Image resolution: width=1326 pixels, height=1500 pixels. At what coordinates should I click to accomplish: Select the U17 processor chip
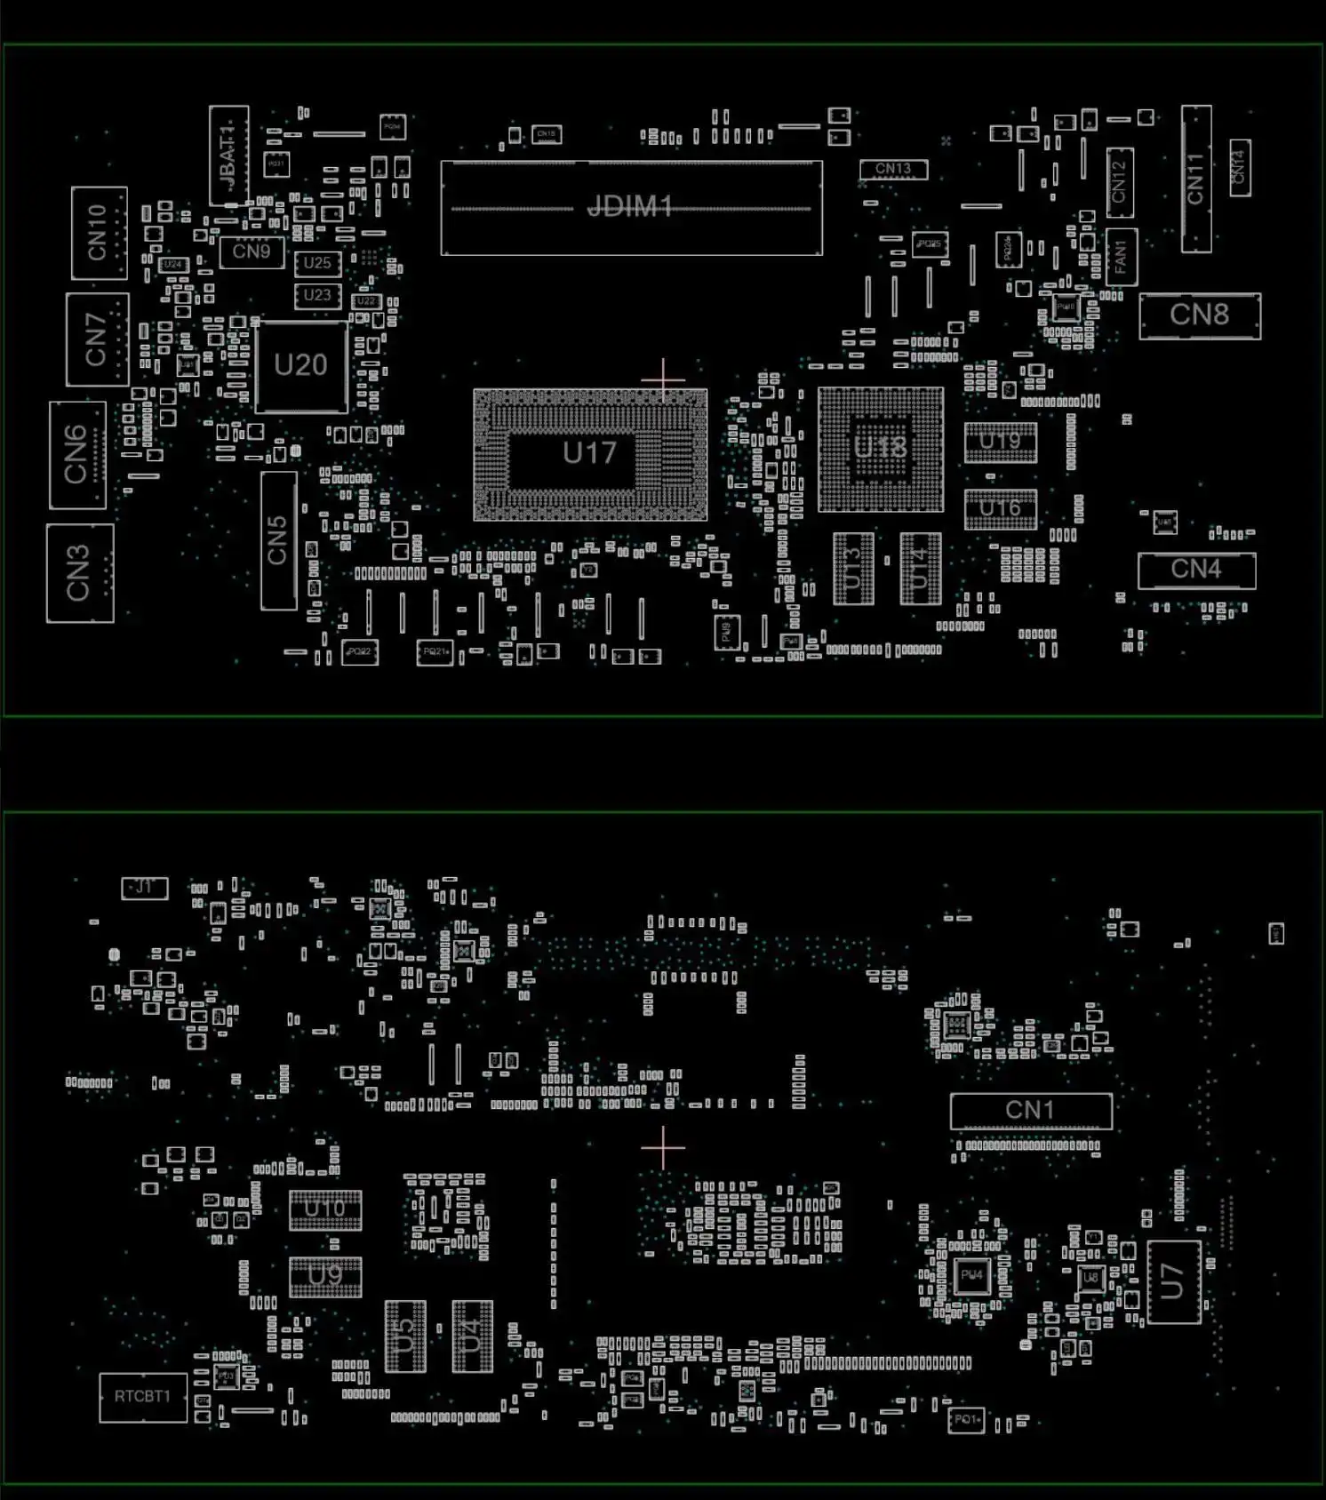590,453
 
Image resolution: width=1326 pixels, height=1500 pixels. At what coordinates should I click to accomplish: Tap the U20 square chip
301,365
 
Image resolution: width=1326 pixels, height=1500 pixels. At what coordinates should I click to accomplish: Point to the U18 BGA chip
881,448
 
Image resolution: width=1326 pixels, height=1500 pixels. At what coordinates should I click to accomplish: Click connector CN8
1199,315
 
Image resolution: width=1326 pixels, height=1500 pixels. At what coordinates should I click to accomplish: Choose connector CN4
1196,569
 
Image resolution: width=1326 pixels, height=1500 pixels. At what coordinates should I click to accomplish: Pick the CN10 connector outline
99,233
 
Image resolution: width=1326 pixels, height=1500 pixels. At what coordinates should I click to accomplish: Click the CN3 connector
80,573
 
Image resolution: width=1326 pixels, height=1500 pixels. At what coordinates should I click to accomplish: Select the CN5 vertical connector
278,540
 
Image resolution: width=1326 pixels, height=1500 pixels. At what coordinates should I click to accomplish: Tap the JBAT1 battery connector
228,156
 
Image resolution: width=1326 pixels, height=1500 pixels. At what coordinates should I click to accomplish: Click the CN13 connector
893,169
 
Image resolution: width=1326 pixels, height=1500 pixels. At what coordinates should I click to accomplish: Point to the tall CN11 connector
1195,179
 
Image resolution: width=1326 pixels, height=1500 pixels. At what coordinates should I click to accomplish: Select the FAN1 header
1121,257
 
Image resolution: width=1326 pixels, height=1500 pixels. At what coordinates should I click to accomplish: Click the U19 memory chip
1000,442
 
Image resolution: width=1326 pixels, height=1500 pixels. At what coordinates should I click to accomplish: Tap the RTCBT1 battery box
142,1396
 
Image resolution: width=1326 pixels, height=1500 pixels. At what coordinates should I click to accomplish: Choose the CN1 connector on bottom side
1030,1110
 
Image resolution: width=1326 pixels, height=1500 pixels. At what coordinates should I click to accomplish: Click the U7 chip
1173,1281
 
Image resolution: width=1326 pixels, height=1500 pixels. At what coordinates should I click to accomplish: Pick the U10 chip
325,1209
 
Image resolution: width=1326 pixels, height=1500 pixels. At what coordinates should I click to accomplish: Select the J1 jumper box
144,887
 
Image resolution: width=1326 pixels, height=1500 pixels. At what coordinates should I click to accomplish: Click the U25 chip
317,263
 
